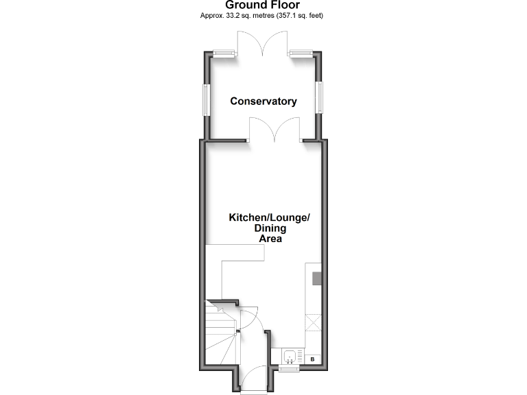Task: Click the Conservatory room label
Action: click(x=263, y=101)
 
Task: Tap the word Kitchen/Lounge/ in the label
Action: click(x=269, y=217)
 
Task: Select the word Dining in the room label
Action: click(x=270, y=229)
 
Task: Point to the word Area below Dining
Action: click(x=270, y=239)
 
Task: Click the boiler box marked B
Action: click(x=314, y=359)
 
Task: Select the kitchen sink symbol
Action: click(x=291, y=357)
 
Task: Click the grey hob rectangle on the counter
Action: click(x=317, y=278)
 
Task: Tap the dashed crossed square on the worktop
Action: click(x=314, y=322)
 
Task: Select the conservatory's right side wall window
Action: click(x=319, y=97)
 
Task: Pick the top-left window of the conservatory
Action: click(x=222, y=54)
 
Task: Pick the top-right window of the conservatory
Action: click(x=301, y=54)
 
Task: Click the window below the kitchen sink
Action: click(x=288, y=369)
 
